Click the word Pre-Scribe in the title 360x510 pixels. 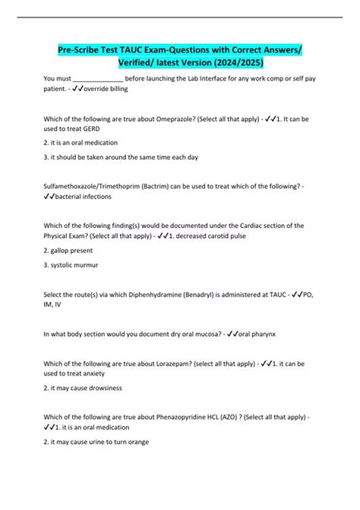click(x=80, y=50)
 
